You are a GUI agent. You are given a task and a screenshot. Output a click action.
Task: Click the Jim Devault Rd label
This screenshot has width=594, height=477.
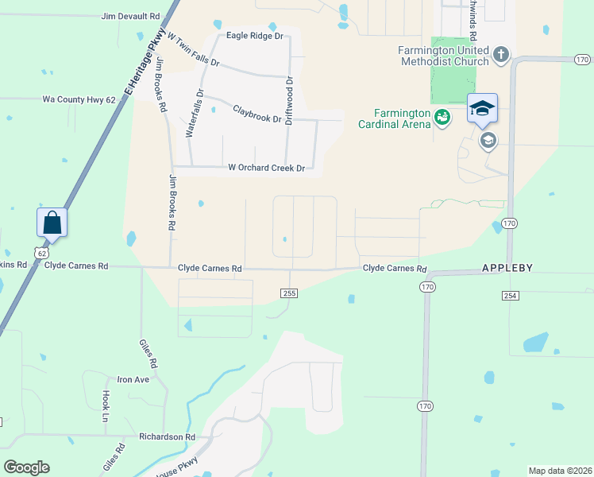(130, 16)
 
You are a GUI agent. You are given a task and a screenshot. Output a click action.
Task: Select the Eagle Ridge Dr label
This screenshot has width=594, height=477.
(254, 36)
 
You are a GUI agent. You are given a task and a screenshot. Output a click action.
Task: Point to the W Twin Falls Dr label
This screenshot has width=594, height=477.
(193, 50)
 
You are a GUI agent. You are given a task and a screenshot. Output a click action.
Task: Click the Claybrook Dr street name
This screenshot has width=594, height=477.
(256, 114)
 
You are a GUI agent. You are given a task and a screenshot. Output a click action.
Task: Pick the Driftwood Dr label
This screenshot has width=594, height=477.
(290, 103)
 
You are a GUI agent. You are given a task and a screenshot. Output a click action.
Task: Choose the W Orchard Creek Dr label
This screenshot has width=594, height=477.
(266, 168)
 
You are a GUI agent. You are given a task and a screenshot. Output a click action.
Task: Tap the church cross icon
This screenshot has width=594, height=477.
(501, 55)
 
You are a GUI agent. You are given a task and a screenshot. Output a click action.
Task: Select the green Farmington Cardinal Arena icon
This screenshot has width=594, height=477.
(442, 118)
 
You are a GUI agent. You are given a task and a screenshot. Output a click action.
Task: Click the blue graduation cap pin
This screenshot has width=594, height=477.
(482, 108)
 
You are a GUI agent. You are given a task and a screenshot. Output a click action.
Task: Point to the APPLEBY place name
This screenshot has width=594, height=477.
(507, 269)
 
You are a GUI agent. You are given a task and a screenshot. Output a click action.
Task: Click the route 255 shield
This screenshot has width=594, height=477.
(290, 293)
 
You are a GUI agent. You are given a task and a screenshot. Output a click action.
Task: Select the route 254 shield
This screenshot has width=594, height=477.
(510, 295)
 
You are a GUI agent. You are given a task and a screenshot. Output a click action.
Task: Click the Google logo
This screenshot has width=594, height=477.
(26, 467)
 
